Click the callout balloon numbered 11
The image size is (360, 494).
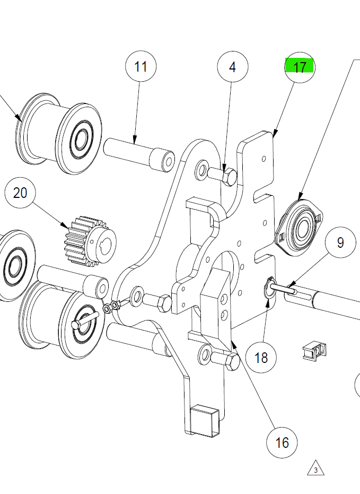click(141, 67)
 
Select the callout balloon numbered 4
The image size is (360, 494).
click(232, 67)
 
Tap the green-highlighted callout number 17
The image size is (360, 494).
click(300, 67)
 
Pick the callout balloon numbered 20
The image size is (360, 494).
click(20, 193)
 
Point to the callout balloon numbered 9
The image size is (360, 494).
click(340, 242)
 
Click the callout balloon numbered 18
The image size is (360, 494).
click(261, 357)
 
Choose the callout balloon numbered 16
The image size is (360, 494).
click(282, 441)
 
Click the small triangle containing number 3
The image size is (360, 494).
click(315, 469)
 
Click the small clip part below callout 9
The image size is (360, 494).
click(314, 351)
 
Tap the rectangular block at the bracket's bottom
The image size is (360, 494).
click(205, 420)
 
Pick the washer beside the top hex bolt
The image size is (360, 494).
click(202, 170)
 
